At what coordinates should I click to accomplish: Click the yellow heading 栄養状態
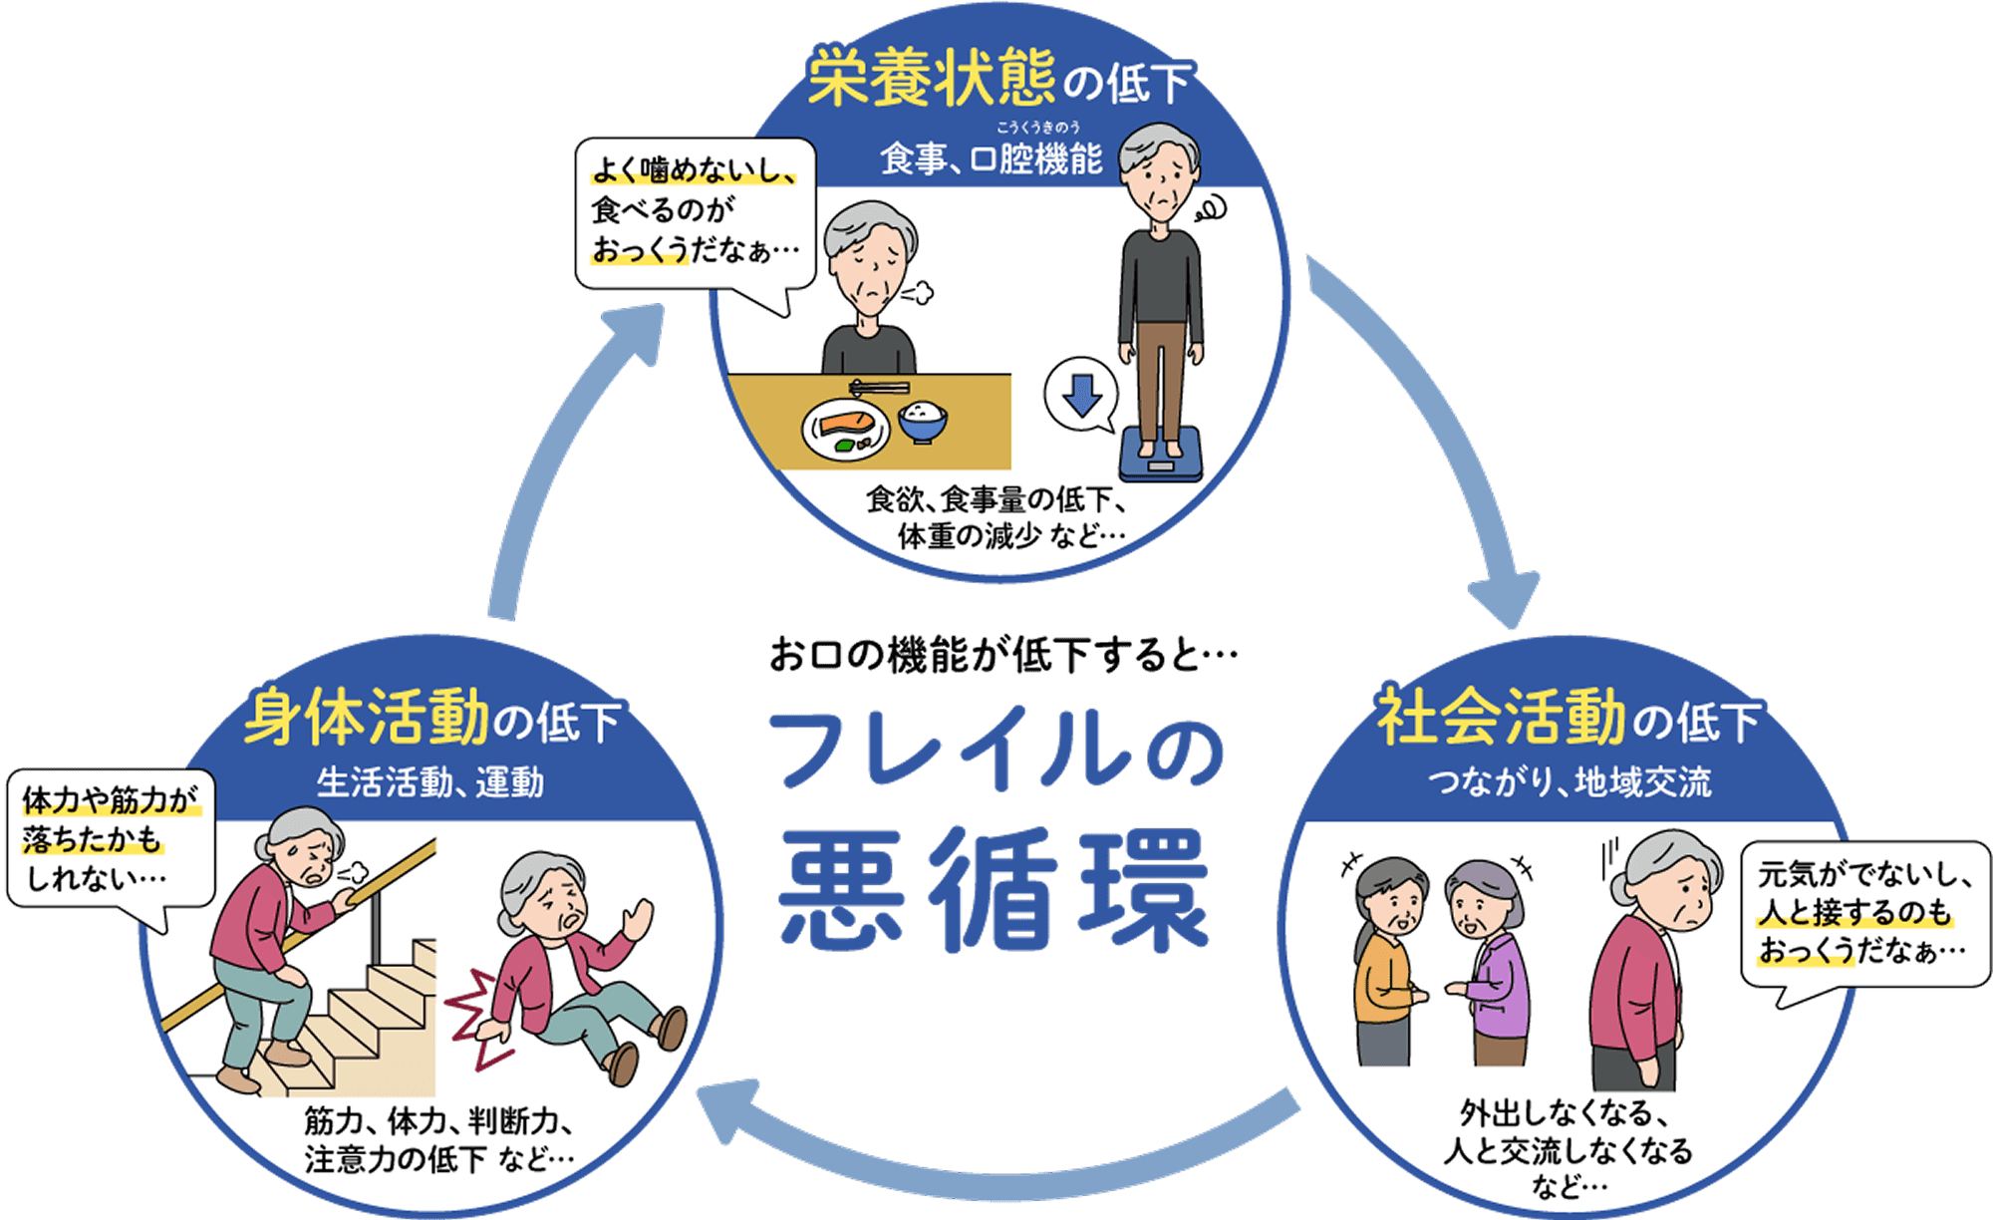pos(931,78)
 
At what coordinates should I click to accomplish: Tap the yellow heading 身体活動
pos(366,717)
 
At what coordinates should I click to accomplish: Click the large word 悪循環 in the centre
pos(995,889)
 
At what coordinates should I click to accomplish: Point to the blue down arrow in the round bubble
pos(1082,395)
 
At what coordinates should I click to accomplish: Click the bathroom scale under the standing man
pos(1160,454)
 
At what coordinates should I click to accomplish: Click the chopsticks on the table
pos(879,387)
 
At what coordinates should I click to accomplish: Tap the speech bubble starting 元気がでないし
pos(1863,913)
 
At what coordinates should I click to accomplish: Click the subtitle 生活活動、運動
pos(430,782)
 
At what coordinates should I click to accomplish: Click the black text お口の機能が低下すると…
pos(1002,656)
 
